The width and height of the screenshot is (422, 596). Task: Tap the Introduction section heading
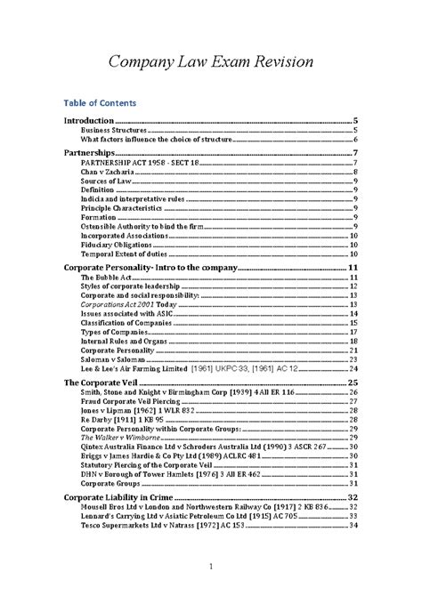(92, 120)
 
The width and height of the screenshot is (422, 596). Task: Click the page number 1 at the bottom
(210, 567)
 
